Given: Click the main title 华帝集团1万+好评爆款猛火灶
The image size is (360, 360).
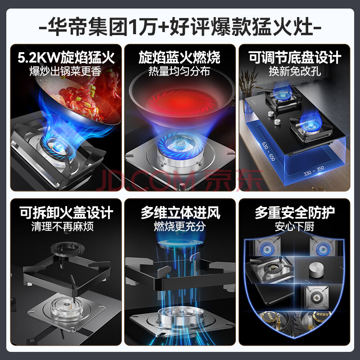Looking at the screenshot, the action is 180,27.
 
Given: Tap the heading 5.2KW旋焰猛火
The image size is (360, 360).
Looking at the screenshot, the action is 66,58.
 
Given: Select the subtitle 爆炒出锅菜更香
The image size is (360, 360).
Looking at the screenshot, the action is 65,72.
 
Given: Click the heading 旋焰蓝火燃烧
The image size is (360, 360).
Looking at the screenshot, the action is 180,58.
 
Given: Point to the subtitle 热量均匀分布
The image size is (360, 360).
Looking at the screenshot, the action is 179,71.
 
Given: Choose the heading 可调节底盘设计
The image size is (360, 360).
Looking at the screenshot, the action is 295,58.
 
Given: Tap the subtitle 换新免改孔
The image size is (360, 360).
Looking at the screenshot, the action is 295,71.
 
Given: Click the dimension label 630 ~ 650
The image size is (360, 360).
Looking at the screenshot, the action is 268,152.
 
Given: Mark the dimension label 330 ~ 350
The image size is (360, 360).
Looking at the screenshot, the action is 314,171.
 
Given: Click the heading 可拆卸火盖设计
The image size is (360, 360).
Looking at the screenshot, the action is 66,212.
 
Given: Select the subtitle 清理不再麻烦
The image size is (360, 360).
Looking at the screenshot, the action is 63,226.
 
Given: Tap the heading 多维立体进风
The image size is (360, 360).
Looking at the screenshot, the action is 180,212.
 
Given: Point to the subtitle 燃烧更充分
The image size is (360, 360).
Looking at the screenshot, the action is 180,226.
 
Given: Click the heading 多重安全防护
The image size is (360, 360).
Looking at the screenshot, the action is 295,212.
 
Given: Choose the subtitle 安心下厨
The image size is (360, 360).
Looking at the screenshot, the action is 295,226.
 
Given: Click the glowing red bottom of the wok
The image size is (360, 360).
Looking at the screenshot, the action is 181,103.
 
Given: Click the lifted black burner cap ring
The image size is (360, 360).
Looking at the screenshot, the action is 67,248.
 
